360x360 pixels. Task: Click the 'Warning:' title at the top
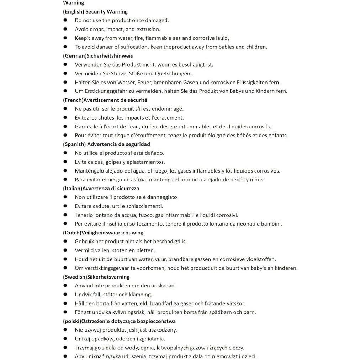point(74,3)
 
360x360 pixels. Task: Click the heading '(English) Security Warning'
point(95,12)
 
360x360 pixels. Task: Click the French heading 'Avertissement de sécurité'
point(115,100)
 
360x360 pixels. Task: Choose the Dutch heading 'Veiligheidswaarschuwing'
point(112,233)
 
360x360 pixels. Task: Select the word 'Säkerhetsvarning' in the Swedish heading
point(108,277)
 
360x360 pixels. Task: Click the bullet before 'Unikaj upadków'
point(65,339)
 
